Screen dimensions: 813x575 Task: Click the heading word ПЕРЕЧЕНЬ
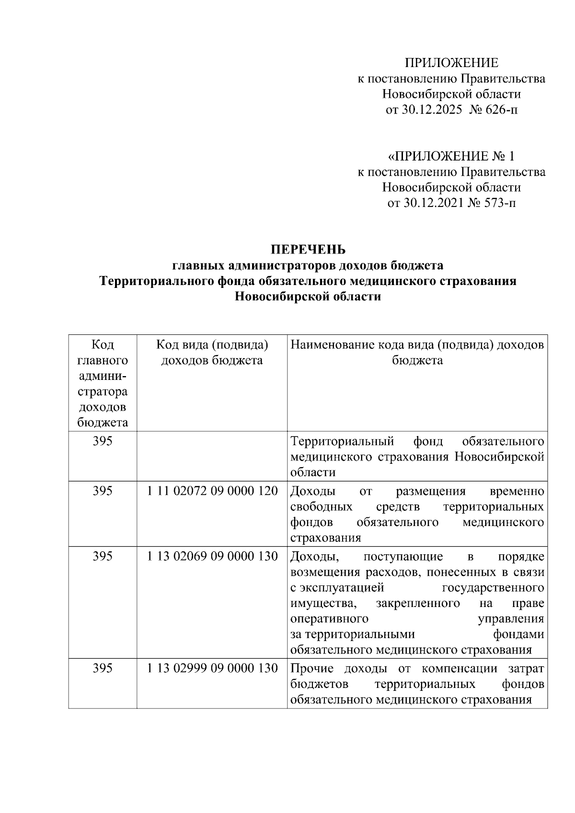[x=308, y=250]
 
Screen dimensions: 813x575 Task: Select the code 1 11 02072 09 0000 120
[x=212, y=491]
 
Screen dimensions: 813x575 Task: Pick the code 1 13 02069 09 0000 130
[x=212, y=556]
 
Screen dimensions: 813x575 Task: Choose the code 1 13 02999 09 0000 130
[x=212, y=668]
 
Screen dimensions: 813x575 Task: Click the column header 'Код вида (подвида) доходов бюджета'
[x=212, y=352]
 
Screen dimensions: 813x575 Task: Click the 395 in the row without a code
[x=103, y=441]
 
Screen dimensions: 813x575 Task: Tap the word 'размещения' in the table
[x=431, y=491]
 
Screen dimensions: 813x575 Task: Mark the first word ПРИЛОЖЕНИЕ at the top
[x=451, y=63]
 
